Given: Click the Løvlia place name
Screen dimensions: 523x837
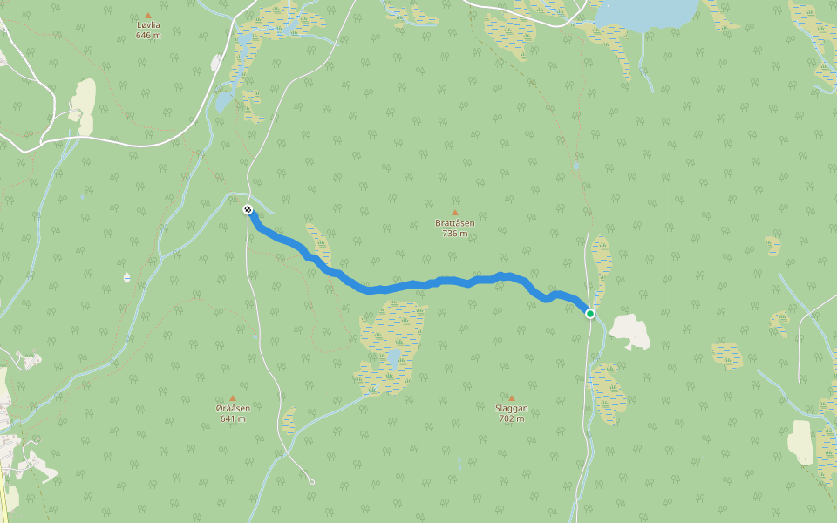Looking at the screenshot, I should click(148, 25).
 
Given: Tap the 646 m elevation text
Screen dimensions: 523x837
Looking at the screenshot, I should click(148, 36).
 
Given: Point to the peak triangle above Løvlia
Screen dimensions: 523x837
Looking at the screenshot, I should click(148, 15).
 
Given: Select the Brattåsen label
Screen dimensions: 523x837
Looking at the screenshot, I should click(455, 223).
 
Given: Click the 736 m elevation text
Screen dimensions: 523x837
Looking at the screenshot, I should click(455, 234).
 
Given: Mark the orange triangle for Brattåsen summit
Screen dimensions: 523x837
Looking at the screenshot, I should click(455, 212).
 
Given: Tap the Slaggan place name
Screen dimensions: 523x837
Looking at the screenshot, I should click(512, 408).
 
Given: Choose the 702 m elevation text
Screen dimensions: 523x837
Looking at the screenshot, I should click(512, 418).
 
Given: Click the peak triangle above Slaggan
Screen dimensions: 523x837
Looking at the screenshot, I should click(512, 397).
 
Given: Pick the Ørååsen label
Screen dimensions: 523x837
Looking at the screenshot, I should click(233, 408).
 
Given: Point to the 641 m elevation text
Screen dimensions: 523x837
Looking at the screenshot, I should click(233, 418).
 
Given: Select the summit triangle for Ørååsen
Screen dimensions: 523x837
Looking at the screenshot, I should click(233, 397).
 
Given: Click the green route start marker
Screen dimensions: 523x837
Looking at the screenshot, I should click(590, 314).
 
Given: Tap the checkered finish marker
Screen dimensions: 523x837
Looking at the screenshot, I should click(248, 209).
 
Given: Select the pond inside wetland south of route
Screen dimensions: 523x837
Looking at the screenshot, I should click(394, 357).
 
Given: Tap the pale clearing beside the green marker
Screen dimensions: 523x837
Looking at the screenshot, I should click(630, 331).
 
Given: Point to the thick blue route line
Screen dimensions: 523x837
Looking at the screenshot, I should click(410, 285).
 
